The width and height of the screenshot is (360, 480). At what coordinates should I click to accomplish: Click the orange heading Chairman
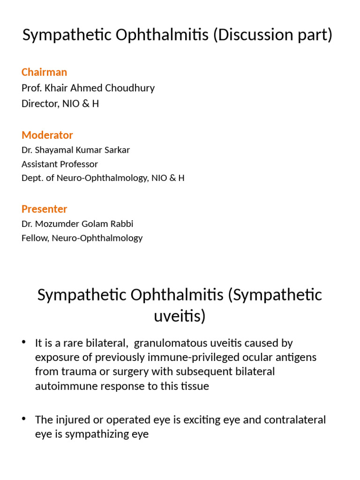tap(44, 72)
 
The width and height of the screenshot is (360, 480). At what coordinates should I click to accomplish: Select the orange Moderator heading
tap(47, 135)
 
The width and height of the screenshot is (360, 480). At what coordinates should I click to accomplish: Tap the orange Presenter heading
tap(44, 209)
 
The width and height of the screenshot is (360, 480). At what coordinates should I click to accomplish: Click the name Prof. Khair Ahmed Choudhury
tap(88, 88)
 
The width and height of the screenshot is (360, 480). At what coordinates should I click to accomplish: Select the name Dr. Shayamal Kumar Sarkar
tap(75, 150)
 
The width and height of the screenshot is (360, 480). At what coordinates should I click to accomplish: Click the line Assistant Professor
tap(60, 164)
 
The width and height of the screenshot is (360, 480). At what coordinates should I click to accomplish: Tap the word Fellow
tap(35, 238)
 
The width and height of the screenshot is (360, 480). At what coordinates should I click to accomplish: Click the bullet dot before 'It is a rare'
tap(24, 343)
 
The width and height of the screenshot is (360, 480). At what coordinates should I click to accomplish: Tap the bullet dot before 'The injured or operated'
tap(24, 419)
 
